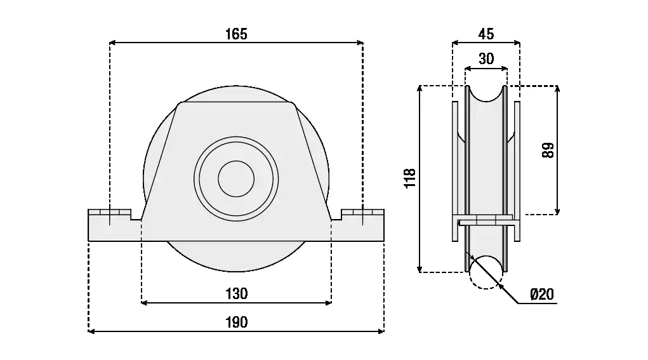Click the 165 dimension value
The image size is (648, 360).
coord(236,34)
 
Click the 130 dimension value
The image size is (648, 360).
coord(236,293)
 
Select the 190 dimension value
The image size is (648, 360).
coord(236,322)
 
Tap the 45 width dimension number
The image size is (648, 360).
coord(486,34)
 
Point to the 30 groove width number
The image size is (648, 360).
coord(486,59)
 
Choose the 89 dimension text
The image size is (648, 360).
coord(548,150)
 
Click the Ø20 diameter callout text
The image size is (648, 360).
coord(541,294)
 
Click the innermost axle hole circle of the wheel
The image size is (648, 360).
coord(236,178)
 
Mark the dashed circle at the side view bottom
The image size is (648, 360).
coord(486,272)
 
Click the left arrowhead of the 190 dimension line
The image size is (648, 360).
coord(91,331)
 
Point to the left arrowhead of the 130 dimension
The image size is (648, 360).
coord(144,302)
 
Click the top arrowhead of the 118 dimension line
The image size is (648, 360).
coord(420,89)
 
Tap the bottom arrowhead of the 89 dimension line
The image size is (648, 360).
coord(557,211)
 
